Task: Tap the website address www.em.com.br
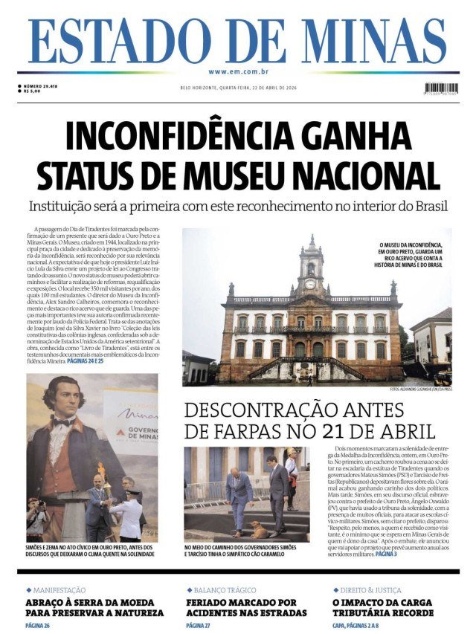[238, 71]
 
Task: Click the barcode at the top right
[440, 89]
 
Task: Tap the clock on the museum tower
[310, 284]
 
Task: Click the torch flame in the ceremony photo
[100, 470]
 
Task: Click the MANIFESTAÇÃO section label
[59, 589]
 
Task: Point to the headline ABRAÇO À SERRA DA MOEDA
[94, 606]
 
